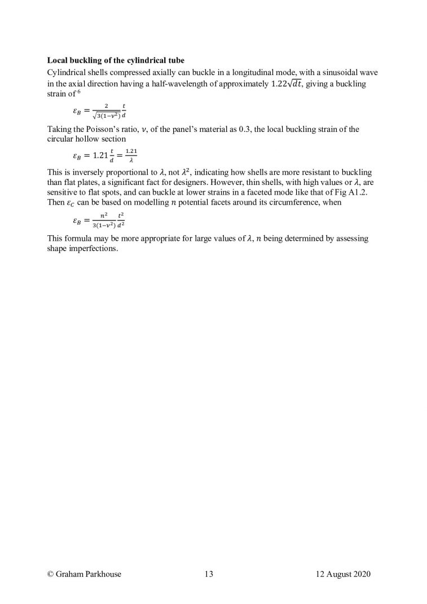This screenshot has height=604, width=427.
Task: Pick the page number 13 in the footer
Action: (209, 575)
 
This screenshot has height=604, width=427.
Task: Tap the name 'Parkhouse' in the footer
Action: (103, 575)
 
